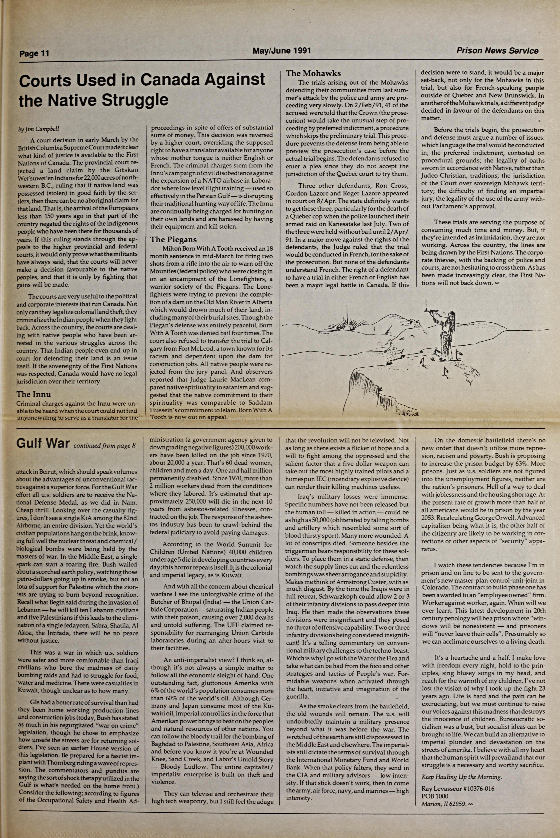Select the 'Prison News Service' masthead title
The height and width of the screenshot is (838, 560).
coord(497,51)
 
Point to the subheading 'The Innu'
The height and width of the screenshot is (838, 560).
coord(34,394)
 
